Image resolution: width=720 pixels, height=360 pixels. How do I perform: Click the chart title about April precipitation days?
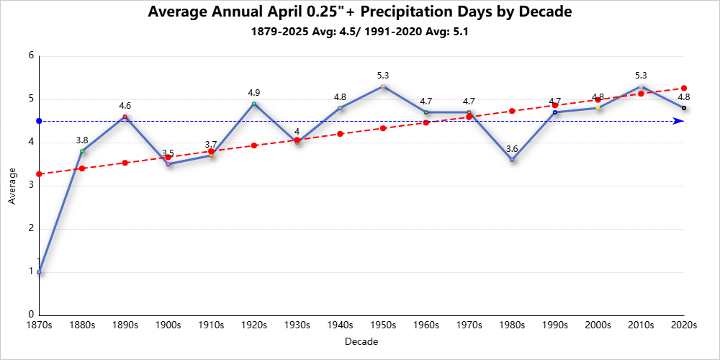pos(359,12)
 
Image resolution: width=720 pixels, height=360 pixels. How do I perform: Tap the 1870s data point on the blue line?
pos(39,272)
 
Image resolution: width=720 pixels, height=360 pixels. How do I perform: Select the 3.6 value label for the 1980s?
pos(512,149)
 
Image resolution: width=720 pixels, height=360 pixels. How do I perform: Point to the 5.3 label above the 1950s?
pos(383,76)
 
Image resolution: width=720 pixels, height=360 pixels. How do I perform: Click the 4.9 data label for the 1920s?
pos(254,93)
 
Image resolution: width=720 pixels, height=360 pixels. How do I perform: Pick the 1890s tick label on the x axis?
pos(125,325)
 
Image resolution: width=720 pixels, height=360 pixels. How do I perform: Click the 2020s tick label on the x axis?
pos(683,325)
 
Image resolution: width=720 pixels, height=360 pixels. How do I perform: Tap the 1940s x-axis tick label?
pos(340,325)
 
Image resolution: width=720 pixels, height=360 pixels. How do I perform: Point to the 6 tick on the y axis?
pos(31,56)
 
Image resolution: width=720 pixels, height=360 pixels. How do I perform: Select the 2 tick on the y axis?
pos(31,229)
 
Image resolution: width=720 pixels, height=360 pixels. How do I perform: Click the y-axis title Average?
pos(12,186)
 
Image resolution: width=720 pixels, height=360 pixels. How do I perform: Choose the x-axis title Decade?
pos(361,341)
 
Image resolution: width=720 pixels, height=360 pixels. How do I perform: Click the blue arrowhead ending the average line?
pos(678,121)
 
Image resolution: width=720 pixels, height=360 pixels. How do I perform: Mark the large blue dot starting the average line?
pos(39,121)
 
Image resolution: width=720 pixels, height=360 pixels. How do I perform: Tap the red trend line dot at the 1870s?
pos(39,174)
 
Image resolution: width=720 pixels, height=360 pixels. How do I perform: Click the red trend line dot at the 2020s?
pos(684,88)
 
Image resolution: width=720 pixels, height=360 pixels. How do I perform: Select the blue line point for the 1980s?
pos(512,160)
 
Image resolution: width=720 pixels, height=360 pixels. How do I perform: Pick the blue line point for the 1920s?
pos(254,104)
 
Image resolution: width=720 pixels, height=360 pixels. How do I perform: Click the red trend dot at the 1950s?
pos(383,128)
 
